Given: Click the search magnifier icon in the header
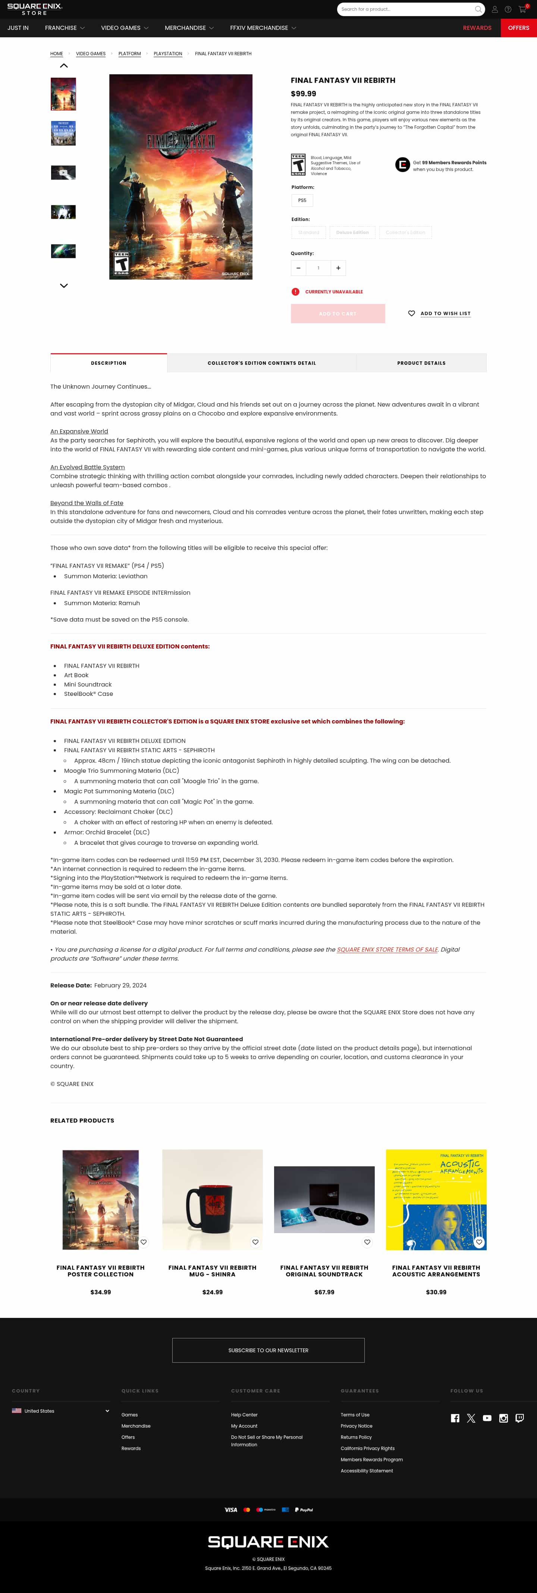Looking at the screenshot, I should (478, 9).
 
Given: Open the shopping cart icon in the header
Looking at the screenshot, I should (522, 9).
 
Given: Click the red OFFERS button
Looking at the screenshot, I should (518, 28).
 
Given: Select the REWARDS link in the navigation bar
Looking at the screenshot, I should (477, 28).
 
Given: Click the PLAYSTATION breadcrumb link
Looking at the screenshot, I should (167, 54).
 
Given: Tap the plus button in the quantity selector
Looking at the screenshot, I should (338, 268).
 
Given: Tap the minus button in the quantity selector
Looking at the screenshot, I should (298, 268).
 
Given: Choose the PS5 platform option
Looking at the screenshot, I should (302, 200).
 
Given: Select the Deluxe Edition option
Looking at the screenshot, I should (352, 233).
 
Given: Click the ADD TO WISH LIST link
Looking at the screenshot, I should (445, 314).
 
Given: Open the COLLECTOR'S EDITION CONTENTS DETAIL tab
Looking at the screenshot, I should (261, 363).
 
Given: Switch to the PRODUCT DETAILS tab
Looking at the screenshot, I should (421, 363).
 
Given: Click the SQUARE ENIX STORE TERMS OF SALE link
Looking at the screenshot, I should (387, 949).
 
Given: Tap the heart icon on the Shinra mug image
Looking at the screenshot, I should (255, 1242).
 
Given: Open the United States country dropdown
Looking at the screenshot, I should (60, 1410).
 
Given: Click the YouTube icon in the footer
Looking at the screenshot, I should (487, 1418).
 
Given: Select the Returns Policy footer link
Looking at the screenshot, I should (356, 1437).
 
